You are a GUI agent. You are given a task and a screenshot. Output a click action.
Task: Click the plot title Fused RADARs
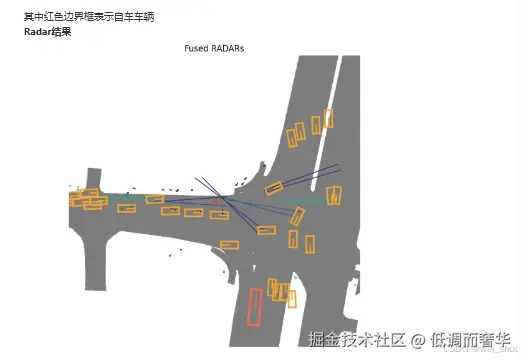[215, 48]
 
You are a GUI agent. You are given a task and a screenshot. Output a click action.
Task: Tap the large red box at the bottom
[254, 306]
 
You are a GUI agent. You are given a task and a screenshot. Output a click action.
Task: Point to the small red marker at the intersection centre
[215, 202]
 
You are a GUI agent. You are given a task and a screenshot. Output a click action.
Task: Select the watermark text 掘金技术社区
[357, 340]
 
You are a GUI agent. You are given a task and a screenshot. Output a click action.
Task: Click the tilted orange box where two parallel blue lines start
[273, 187]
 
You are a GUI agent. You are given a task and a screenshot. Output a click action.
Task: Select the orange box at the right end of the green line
[333, 195]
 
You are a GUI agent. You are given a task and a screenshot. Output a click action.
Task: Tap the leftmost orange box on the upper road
[295, 134]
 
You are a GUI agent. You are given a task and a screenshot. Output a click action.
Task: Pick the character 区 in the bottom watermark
[398, 340]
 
